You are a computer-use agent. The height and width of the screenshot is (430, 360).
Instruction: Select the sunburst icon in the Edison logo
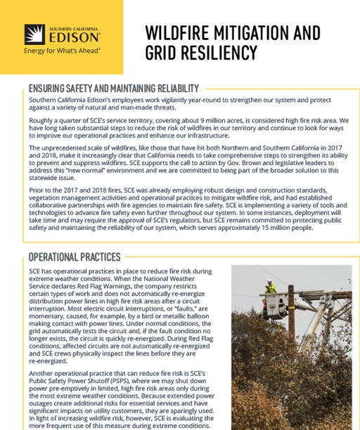35,34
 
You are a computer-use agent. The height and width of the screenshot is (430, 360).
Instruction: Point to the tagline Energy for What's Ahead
62,51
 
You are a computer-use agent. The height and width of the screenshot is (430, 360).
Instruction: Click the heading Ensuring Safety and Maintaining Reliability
113,89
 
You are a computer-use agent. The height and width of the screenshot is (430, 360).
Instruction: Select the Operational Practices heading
75,257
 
